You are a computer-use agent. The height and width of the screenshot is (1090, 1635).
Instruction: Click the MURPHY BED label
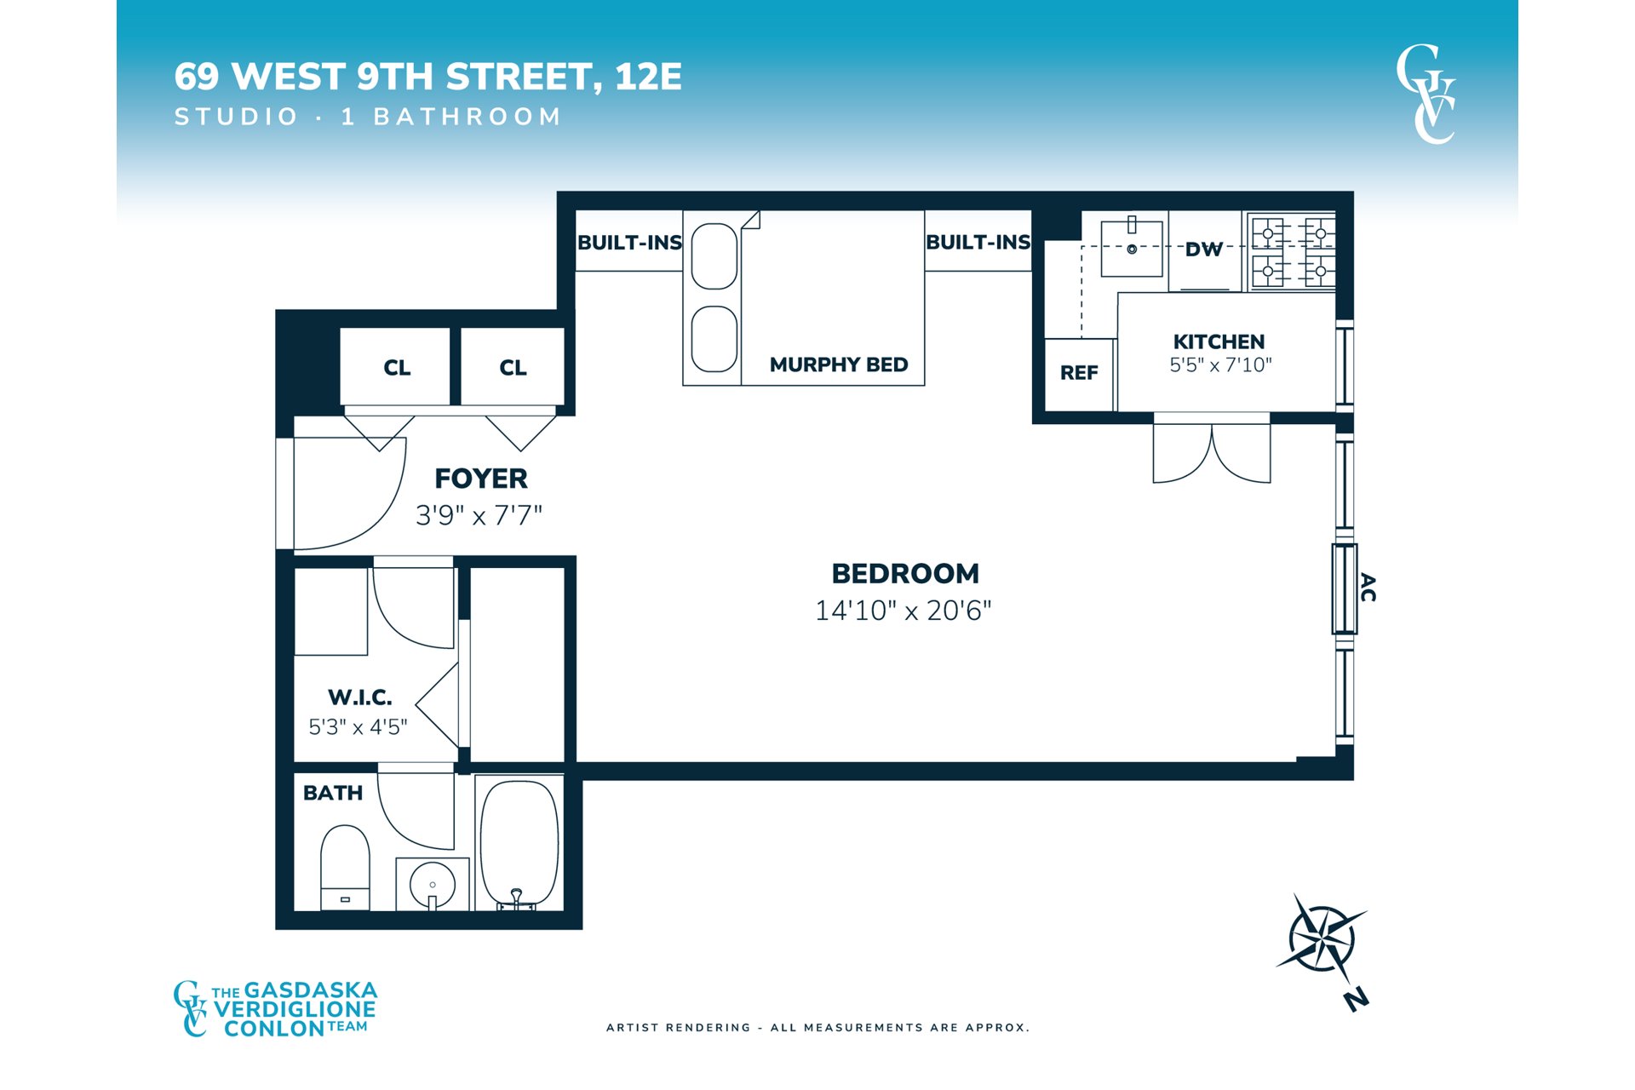[839, 364]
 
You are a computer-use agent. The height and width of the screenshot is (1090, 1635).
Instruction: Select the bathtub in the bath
[519, 843]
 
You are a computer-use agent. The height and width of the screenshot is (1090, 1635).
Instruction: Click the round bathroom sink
[433, 885]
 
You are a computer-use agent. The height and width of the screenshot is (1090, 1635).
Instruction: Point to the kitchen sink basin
[1132, 249]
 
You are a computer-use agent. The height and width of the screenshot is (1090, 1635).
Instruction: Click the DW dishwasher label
[1204, 250]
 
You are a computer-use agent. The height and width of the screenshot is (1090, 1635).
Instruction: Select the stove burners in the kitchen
[1293, 252]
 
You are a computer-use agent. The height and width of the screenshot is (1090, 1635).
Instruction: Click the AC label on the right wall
[1368, 588]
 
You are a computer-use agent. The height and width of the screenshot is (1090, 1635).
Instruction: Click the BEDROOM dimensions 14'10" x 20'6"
[904, 611]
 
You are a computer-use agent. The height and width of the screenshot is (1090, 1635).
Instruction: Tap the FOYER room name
[481, 479]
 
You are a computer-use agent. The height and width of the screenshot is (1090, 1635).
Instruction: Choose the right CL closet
[513, 367]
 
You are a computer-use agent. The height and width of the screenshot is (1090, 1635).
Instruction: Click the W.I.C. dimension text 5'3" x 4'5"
[358, 727]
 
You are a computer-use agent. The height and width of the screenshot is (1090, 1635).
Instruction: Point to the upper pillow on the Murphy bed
[714, 256]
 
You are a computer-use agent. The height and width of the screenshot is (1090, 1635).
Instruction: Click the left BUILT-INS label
[630, 243]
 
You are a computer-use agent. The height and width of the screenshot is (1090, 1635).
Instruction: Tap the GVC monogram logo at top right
[1426, 95]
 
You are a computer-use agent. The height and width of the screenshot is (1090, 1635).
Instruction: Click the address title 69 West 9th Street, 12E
[428, 77]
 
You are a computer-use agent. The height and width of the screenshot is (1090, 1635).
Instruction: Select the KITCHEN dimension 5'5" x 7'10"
[1220, 365]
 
